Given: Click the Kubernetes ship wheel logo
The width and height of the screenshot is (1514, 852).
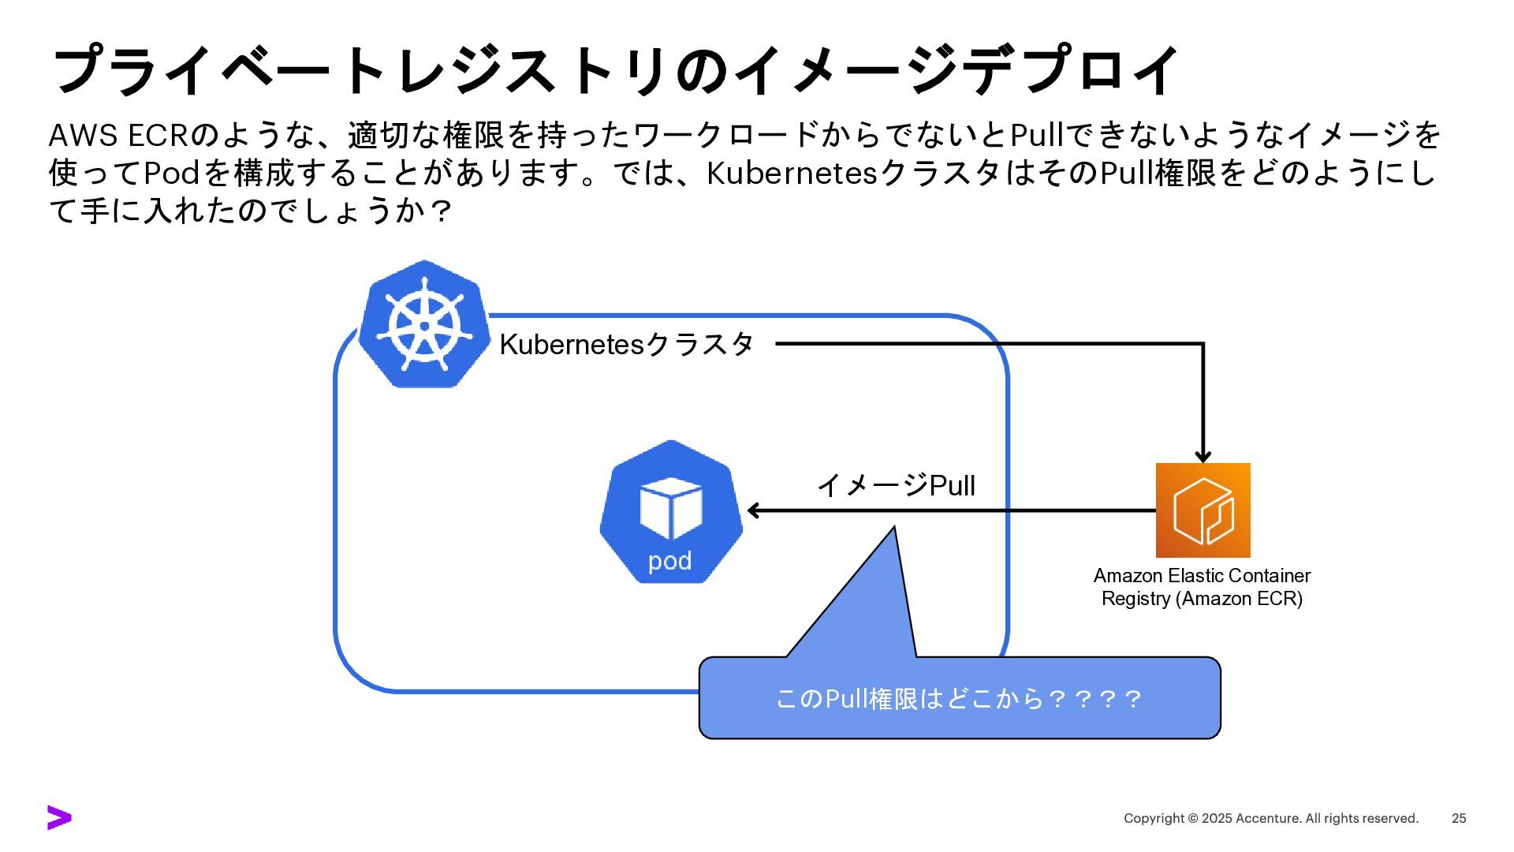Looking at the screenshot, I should tap(424, 325).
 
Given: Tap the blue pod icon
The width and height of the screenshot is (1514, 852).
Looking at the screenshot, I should tap(670, 512).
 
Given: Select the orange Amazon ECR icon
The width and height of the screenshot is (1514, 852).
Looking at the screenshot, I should tap(1203, 510).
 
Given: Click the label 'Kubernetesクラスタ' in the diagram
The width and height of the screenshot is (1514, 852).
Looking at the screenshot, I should tap(627, 344).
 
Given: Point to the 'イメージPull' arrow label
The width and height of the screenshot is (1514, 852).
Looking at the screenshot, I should tap(896, 485).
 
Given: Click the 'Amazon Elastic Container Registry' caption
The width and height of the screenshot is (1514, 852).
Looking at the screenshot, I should tap(1202, 587).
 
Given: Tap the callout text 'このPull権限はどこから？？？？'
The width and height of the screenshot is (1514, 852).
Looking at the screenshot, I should tap(959, 699).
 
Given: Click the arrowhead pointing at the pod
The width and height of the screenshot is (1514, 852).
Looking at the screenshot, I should tap(752, 510).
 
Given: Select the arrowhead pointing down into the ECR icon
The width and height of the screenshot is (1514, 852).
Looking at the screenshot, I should tap(1203, 457).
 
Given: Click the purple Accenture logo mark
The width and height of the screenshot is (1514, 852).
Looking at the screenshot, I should tap(59, 818).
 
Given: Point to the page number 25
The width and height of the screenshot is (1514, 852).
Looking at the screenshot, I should tap(1459, 818).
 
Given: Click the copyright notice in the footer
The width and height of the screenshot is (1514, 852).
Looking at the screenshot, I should tap(1270, 818).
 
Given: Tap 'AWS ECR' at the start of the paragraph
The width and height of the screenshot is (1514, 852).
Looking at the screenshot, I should tap(118, 136).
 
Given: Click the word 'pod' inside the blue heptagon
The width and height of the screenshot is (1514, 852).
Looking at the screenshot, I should tap(669, 561).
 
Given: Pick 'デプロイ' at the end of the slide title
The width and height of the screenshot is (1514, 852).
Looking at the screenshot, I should tap(1069, 69).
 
